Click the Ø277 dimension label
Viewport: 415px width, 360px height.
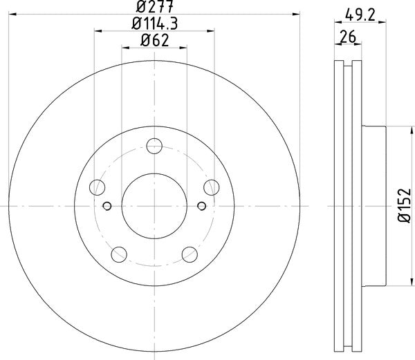[154, 8]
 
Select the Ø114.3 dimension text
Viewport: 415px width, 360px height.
[154, 24]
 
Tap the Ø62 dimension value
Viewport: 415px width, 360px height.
[154, 40]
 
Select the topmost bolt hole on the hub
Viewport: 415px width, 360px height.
[154, 146]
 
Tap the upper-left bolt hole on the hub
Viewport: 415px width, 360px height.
[98, 187]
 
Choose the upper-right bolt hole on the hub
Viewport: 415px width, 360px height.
[210, 187]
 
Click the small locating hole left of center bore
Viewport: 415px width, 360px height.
[107, 205]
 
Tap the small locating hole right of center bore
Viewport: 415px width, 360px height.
[201, 205]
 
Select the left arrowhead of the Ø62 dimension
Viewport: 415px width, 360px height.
[125, 46]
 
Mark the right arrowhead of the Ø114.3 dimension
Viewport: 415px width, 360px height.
[210, 30]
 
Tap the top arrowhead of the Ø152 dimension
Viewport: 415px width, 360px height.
[387, 129]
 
